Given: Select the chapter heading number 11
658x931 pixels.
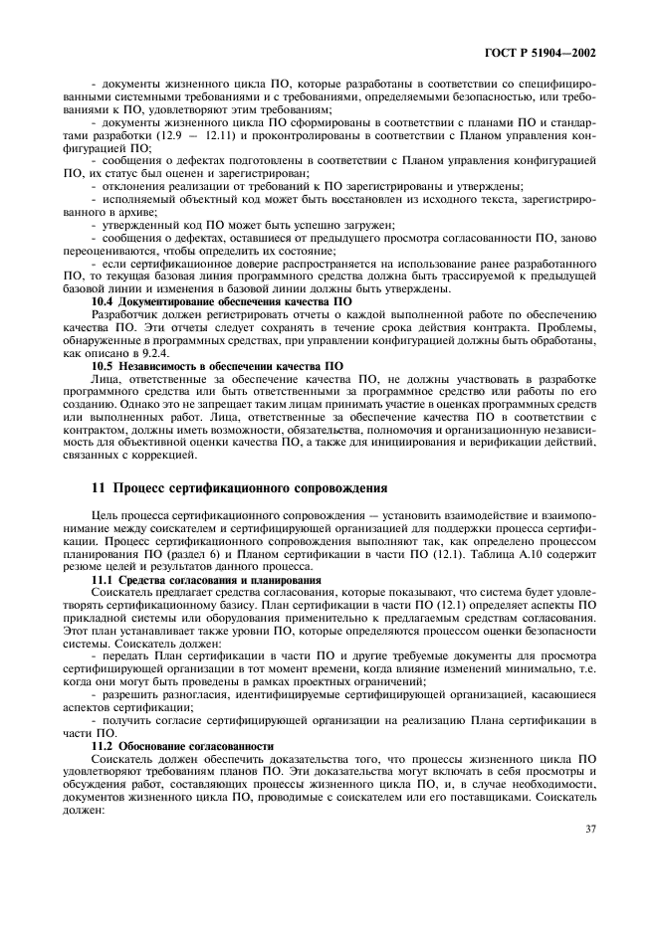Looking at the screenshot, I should click(x=97, y=488).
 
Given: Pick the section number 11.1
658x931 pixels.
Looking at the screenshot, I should click(x=104, y=579).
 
